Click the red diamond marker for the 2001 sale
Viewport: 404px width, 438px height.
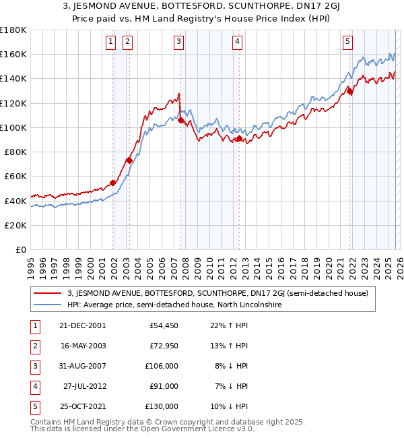pos(113,183)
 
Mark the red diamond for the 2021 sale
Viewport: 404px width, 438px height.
pos(350,91)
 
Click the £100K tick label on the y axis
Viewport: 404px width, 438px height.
pos(13,127)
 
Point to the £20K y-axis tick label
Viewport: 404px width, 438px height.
pos(16,225)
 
